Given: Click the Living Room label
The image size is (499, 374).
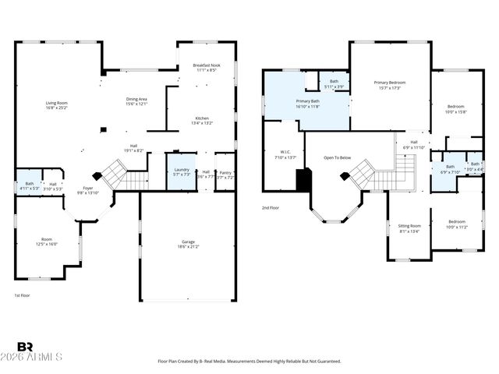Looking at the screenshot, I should [56, 105].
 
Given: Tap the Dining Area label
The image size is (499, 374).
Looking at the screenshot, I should [136, 101].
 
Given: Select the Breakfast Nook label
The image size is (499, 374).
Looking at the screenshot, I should [208, 67].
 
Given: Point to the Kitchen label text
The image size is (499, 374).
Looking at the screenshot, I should [202, 120].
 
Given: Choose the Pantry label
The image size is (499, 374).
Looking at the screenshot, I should [225, 175].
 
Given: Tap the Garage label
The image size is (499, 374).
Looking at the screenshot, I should [188, 245].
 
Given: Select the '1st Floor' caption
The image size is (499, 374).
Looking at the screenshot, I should [23, 295].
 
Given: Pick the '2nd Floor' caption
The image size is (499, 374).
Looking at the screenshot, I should [270, 207].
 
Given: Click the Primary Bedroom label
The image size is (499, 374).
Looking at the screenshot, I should [389, 84].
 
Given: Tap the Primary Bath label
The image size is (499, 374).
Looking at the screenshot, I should [306, 104].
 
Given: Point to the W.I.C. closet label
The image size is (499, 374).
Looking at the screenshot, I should [282, 154].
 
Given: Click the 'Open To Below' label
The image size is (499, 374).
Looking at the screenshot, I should [338, 157].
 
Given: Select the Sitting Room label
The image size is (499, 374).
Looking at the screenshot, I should [409, 228].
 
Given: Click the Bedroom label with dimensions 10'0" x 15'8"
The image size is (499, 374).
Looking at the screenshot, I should [455, 108].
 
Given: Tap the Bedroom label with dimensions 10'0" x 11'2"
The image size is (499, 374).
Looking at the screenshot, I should [455, 224].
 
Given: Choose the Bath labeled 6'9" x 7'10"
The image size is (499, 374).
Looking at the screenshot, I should [450, 168].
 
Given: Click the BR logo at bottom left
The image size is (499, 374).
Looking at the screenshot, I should [25, 347].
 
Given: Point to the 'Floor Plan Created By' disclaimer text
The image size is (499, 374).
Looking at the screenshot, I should [249, 362].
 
